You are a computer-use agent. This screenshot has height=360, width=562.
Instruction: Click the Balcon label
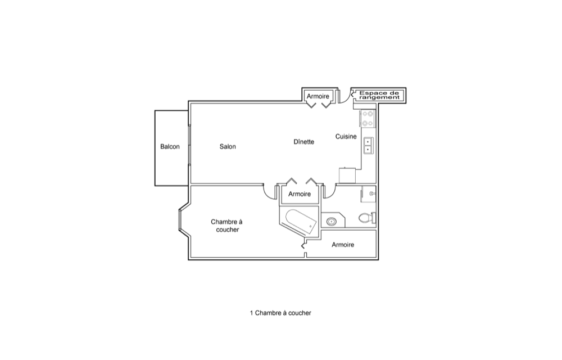pyautogui.click(x=170, y=147)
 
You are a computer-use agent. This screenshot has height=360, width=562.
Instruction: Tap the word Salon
pyautogui.click(x=228, y=147)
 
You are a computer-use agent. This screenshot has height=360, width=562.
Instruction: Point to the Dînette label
pyautogui.click(x=304, y=142)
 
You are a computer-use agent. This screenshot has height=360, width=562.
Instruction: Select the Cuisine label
pyautogui.click(x=346, y=136)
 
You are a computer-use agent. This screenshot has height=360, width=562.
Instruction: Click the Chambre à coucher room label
pyautogui.click(x=227, y=226)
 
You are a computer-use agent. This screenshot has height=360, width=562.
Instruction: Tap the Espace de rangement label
pyautogui.click(x=379, y=96)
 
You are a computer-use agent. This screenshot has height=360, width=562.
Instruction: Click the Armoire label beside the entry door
pyautogui.click(x=318, y=96)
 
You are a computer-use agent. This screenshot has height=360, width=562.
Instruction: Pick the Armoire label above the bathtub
pyautogui.click(x=300, y=194)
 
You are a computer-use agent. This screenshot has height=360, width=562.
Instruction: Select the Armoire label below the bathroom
pyautogui.click(x=343, y=245)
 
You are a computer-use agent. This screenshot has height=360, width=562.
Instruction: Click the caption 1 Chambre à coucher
pyautogui.click(x=280, y=313)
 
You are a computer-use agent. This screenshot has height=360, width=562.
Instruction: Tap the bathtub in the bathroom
pyautogui.click(x=301, y=221)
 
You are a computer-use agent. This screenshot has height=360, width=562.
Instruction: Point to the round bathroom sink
pyautogui.click(x=332, y=222)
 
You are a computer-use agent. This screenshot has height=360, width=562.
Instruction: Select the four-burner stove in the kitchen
pyautogui.click(x=368, y=119)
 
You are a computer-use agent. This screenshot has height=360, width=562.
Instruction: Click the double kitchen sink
pyautogui.click(x=368, y=146)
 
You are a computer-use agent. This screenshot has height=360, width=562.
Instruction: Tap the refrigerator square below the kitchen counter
pyautogui.click(x=348, y=175)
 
